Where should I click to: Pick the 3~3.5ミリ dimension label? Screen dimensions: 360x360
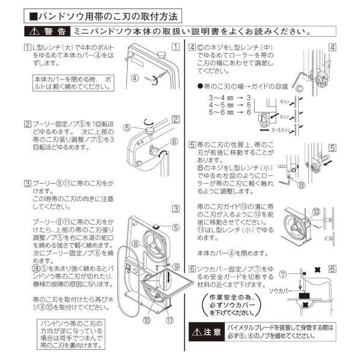tap(281, 129)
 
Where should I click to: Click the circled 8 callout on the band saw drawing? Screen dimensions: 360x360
tap(136, 244)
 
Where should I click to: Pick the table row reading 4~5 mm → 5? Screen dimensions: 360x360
tap(229, 104)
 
